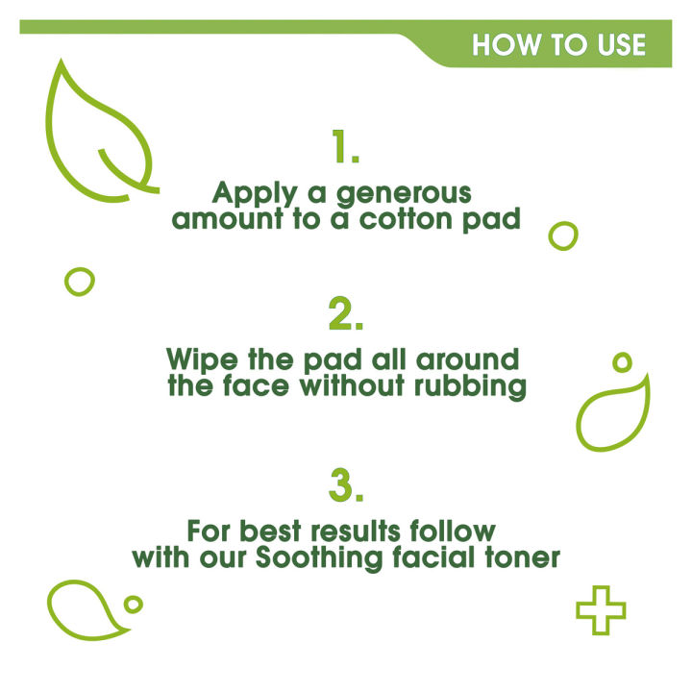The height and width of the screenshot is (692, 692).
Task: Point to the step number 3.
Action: [x=345, y=485]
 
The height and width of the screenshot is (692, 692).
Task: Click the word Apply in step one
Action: [x=247, y=191]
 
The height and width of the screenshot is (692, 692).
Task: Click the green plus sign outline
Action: [x=601, y=610]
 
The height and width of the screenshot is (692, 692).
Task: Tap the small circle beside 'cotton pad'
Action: [x=563, y=235]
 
